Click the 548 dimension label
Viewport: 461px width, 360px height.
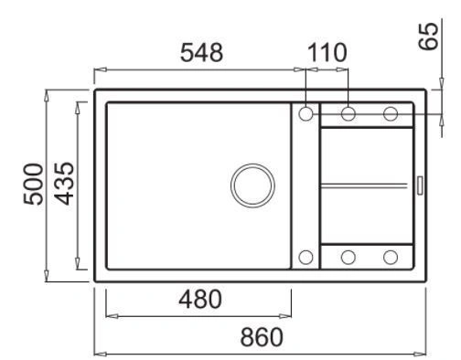[x=201, y=53]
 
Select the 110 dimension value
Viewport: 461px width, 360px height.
[x=327, y=53]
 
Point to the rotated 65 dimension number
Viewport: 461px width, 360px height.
[x=428, y=36]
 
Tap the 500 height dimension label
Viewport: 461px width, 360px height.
[x=34, y=185]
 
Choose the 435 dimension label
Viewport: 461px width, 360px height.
[x=64, y=184]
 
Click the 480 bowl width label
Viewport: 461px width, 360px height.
[x=200, y=299]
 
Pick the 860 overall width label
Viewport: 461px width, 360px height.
[x=262, y=337]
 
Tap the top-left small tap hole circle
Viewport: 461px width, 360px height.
[x=306, y=114]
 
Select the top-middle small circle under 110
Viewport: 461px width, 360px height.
[x=348, y=114]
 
